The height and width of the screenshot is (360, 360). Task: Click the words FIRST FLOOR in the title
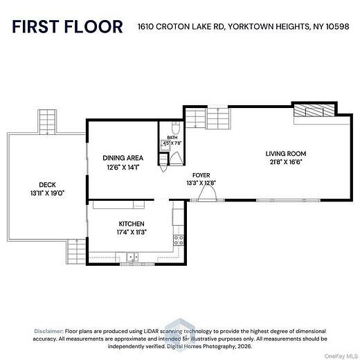67,27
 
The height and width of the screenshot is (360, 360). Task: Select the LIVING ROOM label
285,154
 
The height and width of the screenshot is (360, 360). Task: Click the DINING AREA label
123,157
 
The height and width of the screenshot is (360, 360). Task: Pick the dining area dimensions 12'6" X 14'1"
123,167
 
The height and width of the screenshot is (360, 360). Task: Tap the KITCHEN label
131,224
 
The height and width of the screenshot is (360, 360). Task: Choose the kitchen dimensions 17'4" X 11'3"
131,233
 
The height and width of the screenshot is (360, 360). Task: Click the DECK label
47,184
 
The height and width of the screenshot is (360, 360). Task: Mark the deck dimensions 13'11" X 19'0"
47,193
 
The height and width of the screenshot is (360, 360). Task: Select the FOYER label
201,176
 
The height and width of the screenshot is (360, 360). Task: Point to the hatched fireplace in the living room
312,111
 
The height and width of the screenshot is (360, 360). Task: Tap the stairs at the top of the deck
47,122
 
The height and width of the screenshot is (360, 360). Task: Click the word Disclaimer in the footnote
51,332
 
